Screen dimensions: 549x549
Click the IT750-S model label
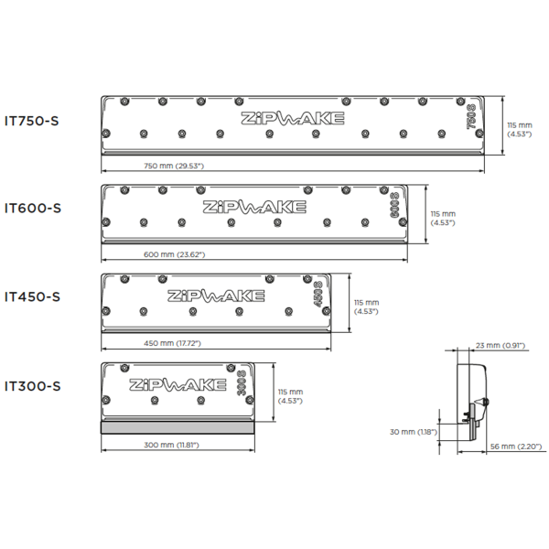coord(31,121)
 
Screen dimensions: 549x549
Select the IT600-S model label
coord(33,208)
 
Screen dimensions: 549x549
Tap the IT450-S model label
coord(32,296)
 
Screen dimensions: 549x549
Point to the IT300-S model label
coord(33,386)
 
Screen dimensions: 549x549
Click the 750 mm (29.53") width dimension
coord(174,166)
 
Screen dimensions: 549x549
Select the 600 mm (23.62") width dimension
coord(175,254)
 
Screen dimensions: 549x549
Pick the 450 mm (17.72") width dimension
coord(172,343)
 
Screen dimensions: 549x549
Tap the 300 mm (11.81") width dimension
coord(172,445)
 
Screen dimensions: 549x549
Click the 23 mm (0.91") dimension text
coord(501,346)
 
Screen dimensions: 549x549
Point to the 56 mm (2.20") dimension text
coord(516,447)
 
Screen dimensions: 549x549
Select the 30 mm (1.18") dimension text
coord(414,432)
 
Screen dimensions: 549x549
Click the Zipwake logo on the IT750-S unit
coord(293,118)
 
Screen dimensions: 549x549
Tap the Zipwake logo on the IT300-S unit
coord(178,385)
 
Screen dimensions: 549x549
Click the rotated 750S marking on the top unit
coord(472,116)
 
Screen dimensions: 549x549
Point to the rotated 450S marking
coord(318,294)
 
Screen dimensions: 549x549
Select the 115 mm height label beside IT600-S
coord(443,218)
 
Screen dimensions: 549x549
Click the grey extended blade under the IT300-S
coord(178,427)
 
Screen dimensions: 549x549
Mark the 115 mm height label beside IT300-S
coord(290,396)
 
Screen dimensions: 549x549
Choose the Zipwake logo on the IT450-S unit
coord(216,296)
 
